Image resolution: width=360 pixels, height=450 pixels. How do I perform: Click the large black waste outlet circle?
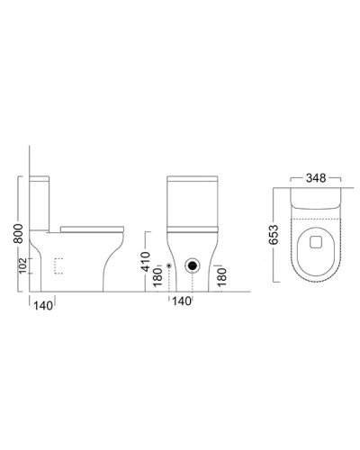[x=192, y=266]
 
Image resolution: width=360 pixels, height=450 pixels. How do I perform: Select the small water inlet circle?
[x=169, y=266]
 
